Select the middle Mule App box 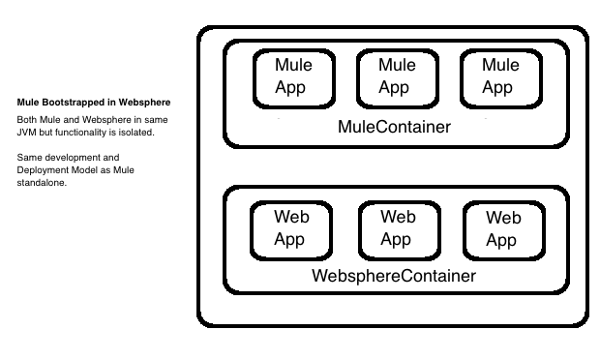(395, 77)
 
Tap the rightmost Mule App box (498, 77)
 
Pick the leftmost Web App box (289, 228)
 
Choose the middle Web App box (396, 228)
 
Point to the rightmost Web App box (501, 228)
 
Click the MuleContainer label (394, 127)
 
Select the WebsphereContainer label (394, 276)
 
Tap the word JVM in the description (27, 132)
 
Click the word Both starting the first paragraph (27, 119)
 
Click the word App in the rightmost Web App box (501, 240)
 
